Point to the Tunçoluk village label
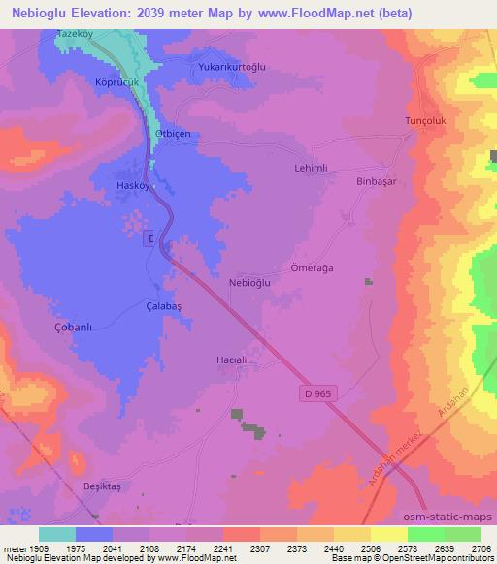(424, 121)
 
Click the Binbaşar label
(379, 181)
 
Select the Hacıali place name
(233, 360)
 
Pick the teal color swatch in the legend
(56, 533)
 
